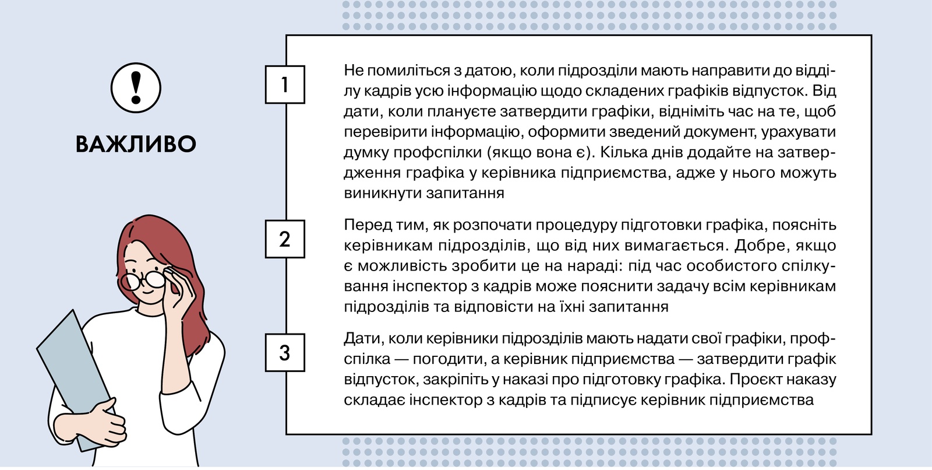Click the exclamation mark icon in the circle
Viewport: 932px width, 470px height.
click(x=136, y=88)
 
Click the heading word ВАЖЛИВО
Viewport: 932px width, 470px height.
click(x=136, y=144)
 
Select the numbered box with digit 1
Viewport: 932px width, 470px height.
click(x=285, y=85)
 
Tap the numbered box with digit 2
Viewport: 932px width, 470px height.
click(x=285, y=239)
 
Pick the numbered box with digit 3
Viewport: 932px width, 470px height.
click(x=285, y=352)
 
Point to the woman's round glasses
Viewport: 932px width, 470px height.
click(x=143, y=281)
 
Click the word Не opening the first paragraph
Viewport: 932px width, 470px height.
click(x=353, y=71)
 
